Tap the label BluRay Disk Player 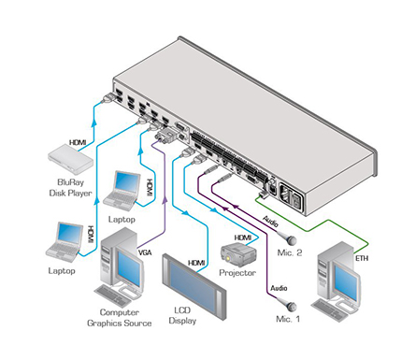(70, 188)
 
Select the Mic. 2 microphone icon (291, 239)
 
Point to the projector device (238, 255)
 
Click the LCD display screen (194, 287)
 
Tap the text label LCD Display (182, 315)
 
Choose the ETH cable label (362, 258)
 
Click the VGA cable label (145, 252)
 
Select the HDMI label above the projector (243, 238)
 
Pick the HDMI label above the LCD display (196, 264)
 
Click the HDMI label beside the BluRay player (78, 142)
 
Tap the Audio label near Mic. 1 (279, 288)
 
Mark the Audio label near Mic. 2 (270, 221)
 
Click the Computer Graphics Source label (120, 318)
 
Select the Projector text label (237, 273)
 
